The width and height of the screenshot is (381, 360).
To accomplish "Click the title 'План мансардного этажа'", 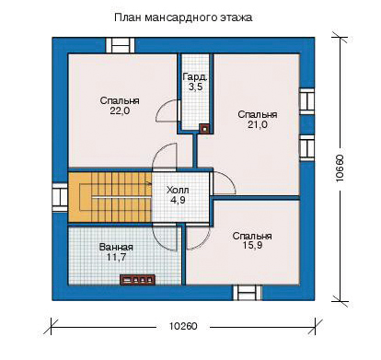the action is click(183, 17).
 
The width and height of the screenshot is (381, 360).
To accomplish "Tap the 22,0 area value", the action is click(120, 111).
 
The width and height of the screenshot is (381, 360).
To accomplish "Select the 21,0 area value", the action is click(258, 124).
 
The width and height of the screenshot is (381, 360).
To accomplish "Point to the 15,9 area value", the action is click(252, 246).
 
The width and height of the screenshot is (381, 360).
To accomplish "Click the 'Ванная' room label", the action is click(116, 247).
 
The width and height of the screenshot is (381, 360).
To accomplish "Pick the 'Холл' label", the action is click(178, 190).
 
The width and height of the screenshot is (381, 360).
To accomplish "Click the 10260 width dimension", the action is click(183, 326).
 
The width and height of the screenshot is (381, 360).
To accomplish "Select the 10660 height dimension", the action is click(340, 168).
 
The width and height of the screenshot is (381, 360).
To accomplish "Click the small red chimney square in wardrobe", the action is click(204, 129).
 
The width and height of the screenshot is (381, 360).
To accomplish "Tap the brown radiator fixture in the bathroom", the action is click(137, 280).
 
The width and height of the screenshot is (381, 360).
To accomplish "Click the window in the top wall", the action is click(121, 46).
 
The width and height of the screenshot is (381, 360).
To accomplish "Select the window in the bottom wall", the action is click(247, 293).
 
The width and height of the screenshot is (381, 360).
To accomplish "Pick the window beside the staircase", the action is click(60, 197).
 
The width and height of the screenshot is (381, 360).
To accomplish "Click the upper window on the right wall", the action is click(306, 101).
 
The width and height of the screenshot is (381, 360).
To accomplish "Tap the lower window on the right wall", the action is click(306, 147).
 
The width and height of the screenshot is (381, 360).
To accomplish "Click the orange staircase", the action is click(110, 196).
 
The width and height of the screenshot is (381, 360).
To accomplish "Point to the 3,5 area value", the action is click(195, 87).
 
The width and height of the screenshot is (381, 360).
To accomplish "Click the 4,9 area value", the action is click(178, 200).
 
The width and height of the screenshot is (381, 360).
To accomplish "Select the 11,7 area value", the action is click(116, 257).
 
